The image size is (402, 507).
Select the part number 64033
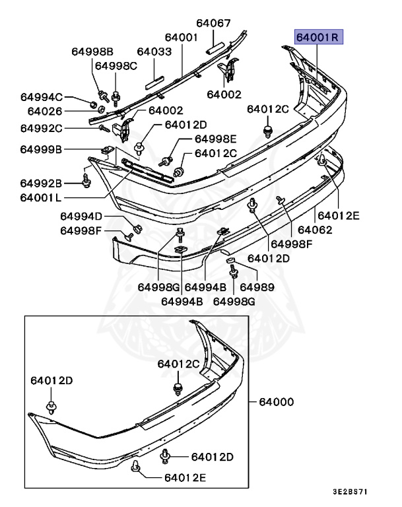point(154,51)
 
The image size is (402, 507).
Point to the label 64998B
point(93,51)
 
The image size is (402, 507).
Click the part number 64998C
point(116,65)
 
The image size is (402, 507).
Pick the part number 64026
point(40,112)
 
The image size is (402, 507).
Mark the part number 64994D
point(82,216)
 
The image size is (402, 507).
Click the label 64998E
point(215,139)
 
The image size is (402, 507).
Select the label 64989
point(257,287)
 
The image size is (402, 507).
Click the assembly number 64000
point(276,401)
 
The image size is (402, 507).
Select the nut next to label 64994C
point(93,104)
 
